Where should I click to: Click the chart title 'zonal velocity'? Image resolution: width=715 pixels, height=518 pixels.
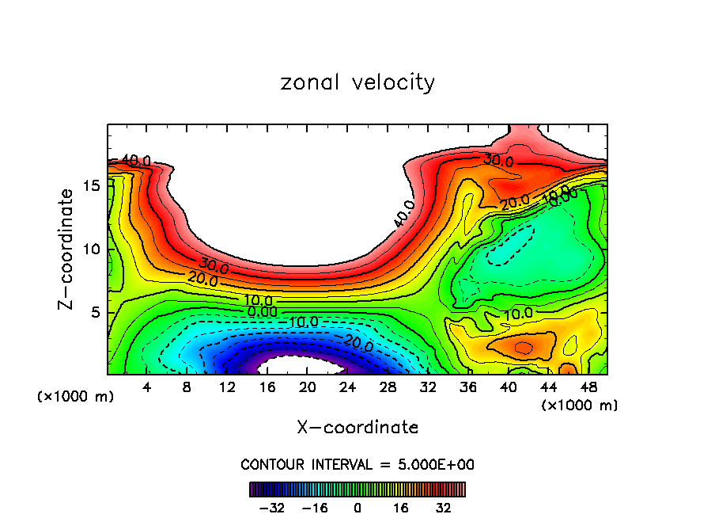coord(357,82)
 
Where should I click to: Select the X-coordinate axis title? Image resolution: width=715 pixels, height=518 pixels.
coord(357,427)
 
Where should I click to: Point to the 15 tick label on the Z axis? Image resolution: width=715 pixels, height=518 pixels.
coord(92,185)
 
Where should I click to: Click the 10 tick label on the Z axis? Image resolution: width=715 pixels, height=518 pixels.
coord(92,249)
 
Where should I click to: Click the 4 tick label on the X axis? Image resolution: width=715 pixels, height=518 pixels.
coord(146,387)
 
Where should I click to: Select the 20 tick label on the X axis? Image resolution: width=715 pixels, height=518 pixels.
coord(307,387)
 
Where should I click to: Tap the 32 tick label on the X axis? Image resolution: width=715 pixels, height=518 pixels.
coord(428,387)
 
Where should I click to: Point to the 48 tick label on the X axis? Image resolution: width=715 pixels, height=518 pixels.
coord(588,387)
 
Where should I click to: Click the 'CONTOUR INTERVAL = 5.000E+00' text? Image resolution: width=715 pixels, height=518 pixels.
coord(357,464)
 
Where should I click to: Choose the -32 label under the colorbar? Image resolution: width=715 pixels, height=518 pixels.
coord(271,507)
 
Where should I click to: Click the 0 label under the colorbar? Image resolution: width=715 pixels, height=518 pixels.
coord(357,507)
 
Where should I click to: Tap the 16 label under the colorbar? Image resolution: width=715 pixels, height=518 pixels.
coord(401,507)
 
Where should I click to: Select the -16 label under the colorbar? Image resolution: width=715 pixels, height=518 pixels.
coord(314,507)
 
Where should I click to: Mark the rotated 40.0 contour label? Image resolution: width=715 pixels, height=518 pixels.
coord(403,215)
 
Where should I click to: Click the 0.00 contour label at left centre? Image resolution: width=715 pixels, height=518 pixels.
coord(262,312)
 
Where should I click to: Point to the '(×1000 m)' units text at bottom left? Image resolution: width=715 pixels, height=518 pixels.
coord(76,396)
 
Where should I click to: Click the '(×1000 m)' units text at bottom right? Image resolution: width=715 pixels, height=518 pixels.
coord(580,405)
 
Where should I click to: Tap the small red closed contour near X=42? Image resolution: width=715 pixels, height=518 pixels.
coord(523,347)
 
